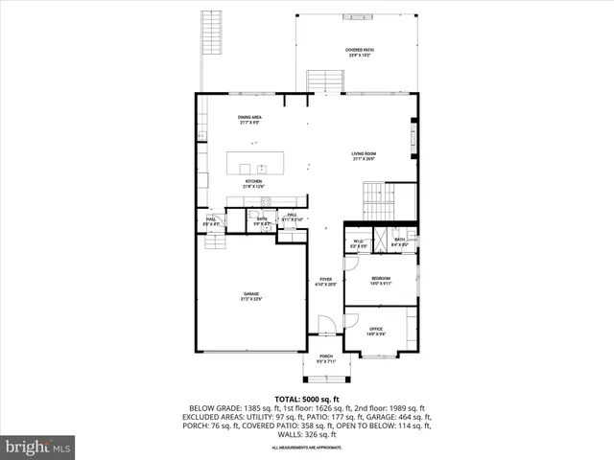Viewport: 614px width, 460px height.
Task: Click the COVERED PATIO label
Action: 360,53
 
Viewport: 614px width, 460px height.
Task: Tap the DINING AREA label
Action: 250,120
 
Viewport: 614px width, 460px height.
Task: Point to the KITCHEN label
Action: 253,183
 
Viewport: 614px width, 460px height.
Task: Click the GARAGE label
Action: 251,296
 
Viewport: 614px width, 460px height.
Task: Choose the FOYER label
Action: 326,282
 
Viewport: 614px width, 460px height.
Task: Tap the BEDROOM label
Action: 381,280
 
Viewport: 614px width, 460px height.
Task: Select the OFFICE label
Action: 376,332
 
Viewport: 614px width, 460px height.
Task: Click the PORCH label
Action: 326,358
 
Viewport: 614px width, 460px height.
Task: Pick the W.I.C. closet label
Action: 358,243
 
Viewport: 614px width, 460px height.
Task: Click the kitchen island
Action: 258,163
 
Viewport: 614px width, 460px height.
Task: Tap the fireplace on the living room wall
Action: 414,133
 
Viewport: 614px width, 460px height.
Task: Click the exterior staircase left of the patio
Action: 210,34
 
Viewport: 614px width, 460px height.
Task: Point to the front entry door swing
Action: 326,325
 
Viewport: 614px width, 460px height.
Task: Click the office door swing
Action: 351,316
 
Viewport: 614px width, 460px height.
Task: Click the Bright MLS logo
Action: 38,447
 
